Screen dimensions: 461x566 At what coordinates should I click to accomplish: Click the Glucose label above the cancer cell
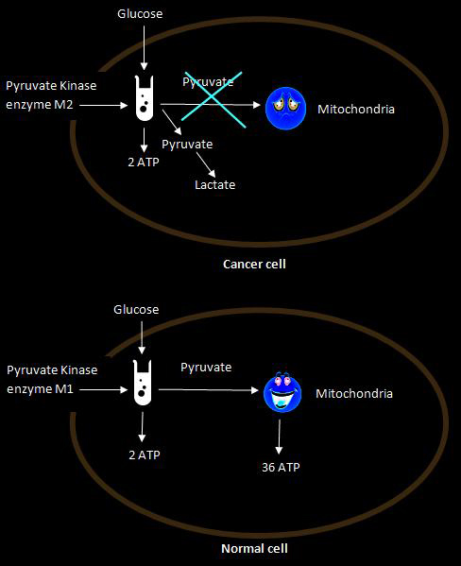140,14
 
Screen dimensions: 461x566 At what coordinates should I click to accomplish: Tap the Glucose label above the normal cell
136,309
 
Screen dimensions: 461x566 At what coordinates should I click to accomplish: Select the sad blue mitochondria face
285,109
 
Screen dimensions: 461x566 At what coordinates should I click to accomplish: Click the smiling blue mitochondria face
282,392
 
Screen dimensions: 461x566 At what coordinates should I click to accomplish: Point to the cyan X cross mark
213,99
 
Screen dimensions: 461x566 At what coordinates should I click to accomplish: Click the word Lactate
214,185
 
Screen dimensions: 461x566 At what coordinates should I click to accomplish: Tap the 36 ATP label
281,467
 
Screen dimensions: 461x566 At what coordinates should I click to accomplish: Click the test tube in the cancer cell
145,98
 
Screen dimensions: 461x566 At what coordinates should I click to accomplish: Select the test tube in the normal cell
143,383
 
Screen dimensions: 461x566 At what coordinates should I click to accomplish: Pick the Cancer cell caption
254,264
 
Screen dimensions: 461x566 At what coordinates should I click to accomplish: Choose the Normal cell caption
254,549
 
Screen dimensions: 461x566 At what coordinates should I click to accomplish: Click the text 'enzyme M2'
40,105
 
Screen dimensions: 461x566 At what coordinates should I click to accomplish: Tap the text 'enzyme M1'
40,389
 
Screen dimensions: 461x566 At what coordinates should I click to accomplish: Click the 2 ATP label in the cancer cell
144,163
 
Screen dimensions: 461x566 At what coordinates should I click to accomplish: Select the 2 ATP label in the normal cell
145,455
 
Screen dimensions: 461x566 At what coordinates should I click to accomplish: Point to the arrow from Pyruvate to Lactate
206,164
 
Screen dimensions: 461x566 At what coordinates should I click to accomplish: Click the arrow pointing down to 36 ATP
279,437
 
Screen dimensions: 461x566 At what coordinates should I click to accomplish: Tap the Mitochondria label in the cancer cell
356,109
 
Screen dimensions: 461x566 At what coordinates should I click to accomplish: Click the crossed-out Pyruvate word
208,82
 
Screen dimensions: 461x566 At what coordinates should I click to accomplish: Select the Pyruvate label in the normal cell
206,368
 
